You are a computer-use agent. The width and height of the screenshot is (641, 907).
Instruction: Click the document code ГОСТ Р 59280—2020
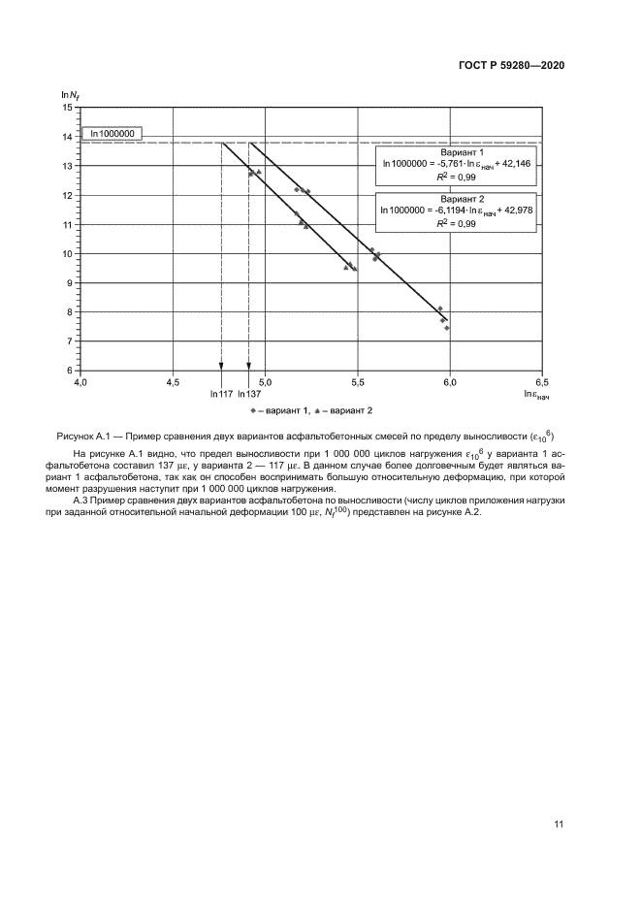point(511,65)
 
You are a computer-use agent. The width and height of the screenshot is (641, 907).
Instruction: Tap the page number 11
point(559,825)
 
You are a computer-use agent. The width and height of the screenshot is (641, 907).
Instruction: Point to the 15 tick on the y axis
point(68,108)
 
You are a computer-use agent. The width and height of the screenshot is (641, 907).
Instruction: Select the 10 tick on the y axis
point(68,254)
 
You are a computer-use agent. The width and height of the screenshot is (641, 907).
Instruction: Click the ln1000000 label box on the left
point(112,135)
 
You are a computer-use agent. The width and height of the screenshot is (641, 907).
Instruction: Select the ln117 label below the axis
point(221,394)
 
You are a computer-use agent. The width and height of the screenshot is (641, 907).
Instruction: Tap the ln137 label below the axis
point(249,394)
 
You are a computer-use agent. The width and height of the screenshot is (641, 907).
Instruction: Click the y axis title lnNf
point(70,94)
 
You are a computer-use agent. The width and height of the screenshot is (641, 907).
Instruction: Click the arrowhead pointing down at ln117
point(221,366)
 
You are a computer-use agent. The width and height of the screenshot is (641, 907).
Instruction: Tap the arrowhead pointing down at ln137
point(249,366)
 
